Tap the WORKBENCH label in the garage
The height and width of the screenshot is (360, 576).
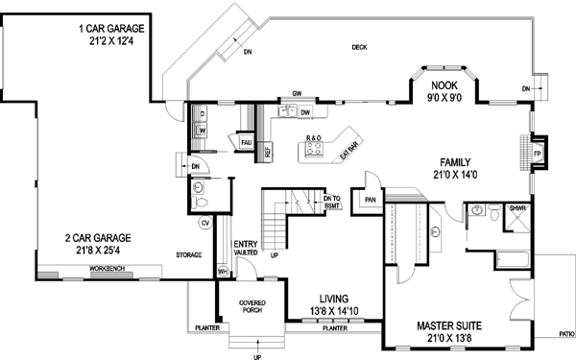(x=110, y=266)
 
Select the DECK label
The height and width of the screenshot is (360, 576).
(x=359, y=46)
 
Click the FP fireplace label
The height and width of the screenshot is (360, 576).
(x=538, y=153)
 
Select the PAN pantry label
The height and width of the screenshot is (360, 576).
(x=370, y=200)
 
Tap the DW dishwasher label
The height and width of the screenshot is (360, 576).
(x=304, y=113)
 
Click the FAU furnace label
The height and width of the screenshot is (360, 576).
(x=246, y=142)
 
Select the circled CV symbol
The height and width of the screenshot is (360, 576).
(x=204, y=224)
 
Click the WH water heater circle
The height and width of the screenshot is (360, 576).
(x=223, y=272)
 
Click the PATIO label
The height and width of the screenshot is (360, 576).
(x=566, y=335)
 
